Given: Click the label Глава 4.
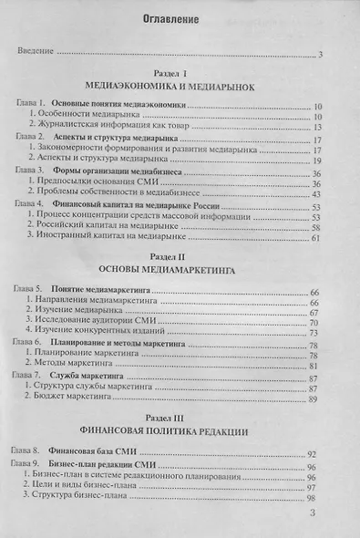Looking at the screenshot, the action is click(x=31, y=204).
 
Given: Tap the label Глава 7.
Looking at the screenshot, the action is click(x=31, y=375).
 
